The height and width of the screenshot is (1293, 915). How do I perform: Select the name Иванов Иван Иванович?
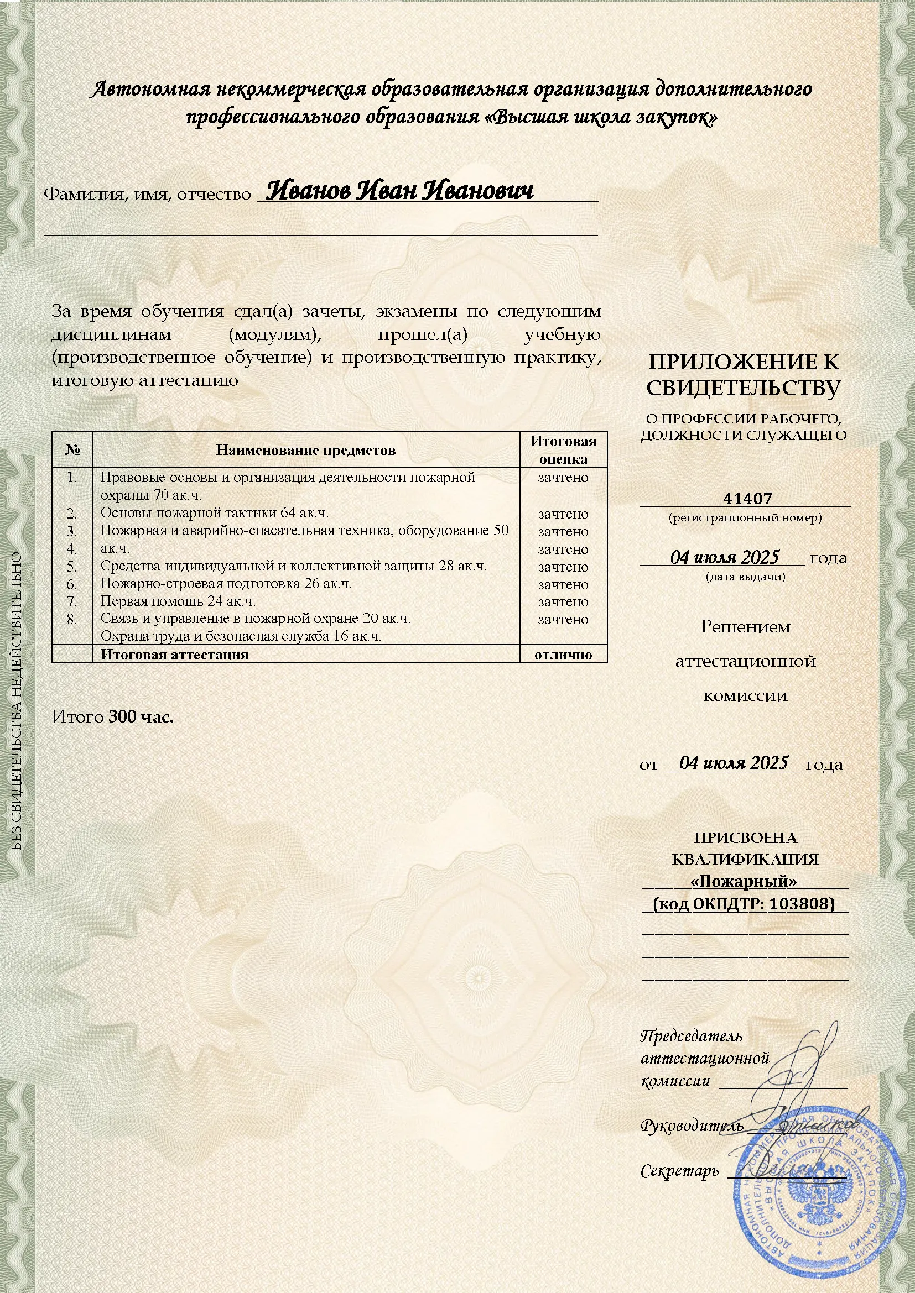coord(399,191)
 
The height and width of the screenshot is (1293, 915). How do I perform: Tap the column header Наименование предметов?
coord(306,450)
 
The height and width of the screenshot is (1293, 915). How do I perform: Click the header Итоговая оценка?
coord(563,449)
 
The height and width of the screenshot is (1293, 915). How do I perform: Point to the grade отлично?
coord(563,655)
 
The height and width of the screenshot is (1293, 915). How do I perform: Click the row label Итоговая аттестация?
coord(175,655)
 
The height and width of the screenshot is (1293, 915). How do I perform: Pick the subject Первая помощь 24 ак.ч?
coord(178,601)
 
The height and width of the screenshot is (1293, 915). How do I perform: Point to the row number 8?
coord(71,619)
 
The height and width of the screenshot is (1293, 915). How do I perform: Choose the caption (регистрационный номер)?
coord(745,517)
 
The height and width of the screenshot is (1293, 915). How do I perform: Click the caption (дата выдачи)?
coord(745,576)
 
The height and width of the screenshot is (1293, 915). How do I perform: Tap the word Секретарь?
coord(680,1171)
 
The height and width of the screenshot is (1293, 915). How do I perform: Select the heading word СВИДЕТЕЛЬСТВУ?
coord(744,389)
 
